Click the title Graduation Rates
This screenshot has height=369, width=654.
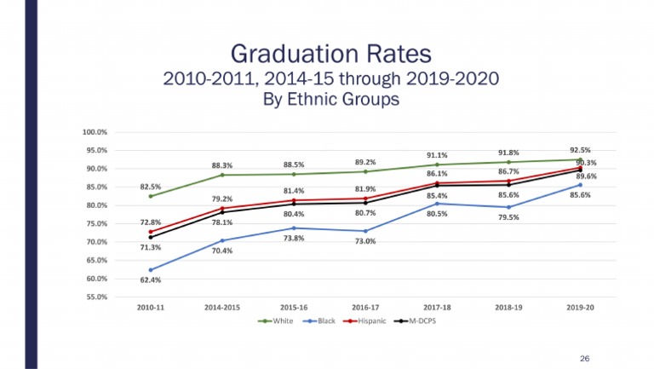[330, 53]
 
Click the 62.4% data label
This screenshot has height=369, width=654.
[151, 280]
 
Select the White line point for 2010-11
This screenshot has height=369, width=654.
[151, 196]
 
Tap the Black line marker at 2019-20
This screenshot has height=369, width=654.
[580, 185]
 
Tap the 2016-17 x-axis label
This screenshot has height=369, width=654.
[365, 307]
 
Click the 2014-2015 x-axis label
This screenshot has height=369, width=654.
[222, 307]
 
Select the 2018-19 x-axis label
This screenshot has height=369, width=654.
[508, 307]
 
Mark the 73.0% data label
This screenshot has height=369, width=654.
[366, 242]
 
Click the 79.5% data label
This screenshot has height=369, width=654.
[509, 217]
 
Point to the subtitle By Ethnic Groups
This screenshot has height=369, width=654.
[330, 99]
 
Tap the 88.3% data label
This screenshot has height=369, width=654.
[222, 165]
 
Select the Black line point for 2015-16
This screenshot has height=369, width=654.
[294, 228]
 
